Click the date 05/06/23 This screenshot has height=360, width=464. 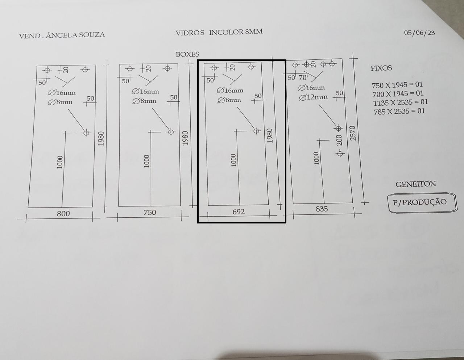[x=419, y=33]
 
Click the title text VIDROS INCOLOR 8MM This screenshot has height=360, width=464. [x=219, y=32]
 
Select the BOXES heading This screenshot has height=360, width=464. [x=187, y=54]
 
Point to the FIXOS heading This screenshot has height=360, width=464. [x=381, y=68]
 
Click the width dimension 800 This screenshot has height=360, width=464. [x=63, y=213]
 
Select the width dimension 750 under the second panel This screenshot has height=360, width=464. [x=150, y=213]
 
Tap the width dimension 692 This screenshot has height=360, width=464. [x=239, y=212]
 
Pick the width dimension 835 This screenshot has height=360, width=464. [x=322, y=209]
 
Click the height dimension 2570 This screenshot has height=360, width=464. [x=353, y=133]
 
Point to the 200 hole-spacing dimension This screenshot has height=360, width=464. [x=339, y=140]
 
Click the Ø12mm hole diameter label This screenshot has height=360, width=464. [x=313, y=97]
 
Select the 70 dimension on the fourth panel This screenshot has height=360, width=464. [x=303, y=78]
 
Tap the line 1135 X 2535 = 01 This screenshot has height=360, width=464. [x=400, y=102]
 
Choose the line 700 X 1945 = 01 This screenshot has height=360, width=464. [x=398, y=94]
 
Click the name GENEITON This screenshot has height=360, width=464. [x=416, y=184]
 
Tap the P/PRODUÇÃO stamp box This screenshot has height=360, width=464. [x=422, y=203]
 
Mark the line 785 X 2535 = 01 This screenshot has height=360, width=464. [x=399, y=111]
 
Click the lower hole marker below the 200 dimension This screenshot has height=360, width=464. [x=340, y=153]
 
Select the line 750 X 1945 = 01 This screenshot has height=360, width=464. [x=397, y=85]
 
